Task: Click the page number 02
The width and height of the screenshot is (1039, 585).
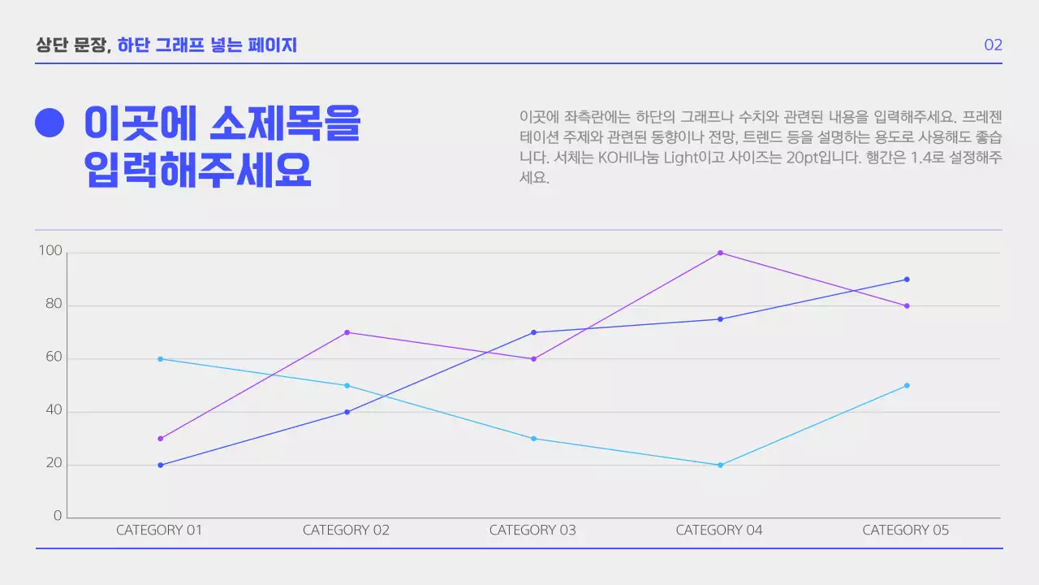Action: [x=993, y=45]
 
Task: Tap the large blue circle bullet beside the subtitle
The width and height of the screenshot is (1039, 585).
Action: [x=50, y=123]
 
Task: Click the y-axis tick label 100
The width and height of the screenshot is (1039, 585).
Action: [x=50, y=252]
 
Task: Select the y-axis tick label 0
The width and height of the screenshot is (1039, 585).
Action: [x=58, y=516]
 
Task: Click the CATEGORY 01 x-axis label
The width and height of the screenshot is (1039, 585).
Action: [x=159, y=531]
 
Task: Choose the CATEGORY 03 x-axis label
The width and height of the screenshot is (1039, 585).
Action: [x=532, y=531]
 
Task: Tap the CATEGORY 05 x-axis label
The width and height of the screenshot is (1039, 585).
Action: [x=905, y=531]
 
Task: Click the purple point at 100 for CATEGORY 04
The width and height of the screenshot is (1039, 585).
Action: [x=720, y=253]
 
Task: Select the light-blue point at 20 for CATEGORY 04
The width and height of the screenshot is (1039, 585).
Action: [x=720, y=465]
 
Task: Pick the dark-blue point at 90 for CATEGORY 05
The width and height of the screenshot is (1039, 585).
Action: [x=907, y=279]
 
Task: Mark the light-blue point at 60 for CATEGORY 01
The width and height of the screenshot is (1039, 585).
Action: [x=160, y=359]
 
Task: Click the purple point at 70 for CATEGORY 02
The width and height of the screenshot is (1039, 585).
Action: [x=347, y=332]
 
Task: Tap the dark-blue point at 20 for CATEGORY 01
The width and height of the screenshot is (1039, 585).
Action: [x=160, y=465]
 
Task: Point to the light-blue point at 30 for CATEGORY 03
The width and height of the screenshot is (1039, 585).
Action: [x=533, y=439]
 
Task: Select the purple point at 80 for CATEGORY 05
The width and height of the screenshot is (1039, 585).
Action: [x=907, y=306]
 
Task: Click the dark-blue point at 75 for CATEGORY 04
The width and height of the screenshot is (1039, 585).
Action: [x=720, y=319]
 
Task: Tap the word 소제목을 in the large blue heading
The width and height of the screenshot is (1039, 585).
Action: [x=285, y=123]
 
